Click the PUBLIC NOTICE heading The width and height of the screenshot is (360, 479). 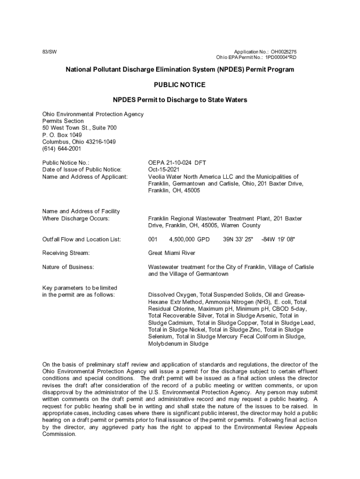180,85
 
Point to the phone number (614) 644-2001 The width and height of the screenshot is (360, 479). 62,149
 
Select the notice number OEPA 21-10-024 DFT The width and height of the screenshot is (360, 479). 177,163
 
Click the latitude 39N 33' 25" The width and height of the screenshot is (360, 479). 238,239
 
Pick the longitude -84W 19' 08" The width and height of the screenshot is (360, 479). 278,239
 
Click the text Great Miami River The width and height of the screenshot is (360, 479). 172,253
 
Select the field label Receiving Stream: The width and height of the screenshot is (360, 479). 66,253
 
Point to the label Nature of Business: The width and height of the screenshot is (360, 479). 68,267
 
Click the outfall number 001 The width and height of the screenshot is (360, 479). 153,239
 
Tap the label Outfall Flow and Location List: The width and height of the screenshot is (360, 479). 82,239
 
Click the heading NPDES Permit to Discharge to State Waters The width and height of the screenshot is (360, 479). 180,100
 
